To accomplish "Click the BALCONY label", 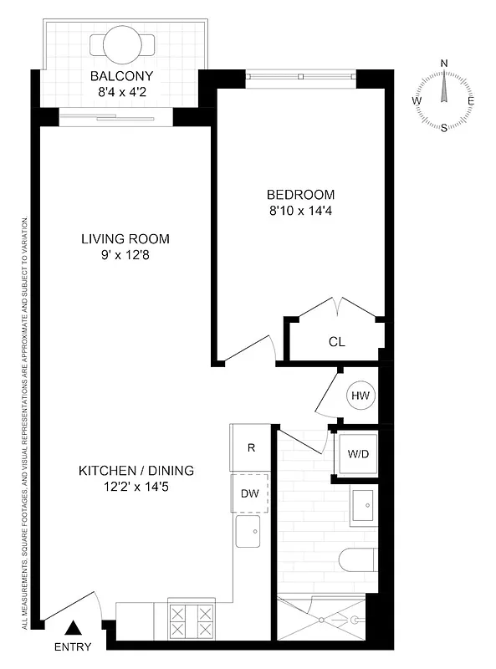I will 122,78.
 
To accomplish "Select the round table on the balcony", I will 122,40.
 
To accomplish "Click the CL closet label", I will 336,341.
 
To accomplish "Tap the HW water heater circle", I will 360,396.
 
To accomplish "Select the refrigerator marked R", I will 250,447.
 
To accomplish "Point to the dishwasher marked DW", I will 250,493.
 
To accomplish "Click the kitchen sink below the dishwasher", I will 248,531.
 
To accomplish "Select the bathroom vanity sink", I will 365,505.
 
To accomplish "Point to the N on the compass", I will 444,63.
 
